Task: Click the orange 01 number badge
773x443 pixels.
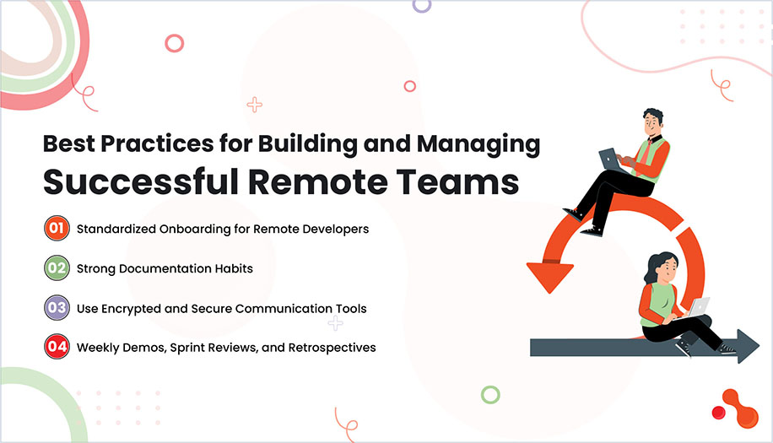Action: [57, 229]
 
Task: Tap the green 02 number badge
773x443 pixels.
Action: [57, 268]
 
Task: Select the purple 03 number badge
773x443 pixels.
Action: [57, 308]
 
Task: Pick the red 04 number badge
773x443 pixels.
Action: [57, 347]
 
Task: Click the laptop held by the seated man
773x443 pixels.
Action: [611, 159]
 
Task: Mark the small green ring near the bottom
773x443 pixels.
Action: [489, 394]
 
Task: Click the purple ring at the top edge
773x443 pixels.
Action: [421, 4]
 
